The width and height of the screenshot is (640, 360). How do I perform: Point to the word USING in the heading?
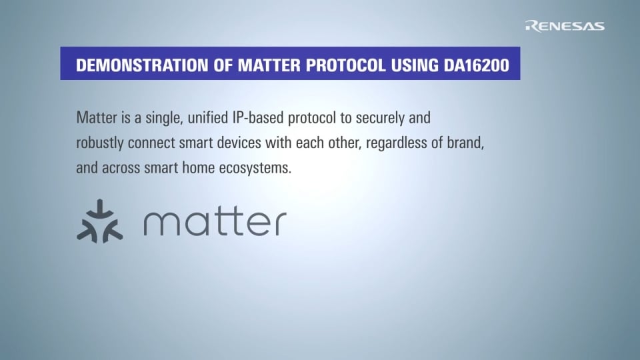pos(409,66)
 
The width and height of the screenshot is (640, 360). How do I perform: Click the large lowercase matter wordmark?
pos(215,222)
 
